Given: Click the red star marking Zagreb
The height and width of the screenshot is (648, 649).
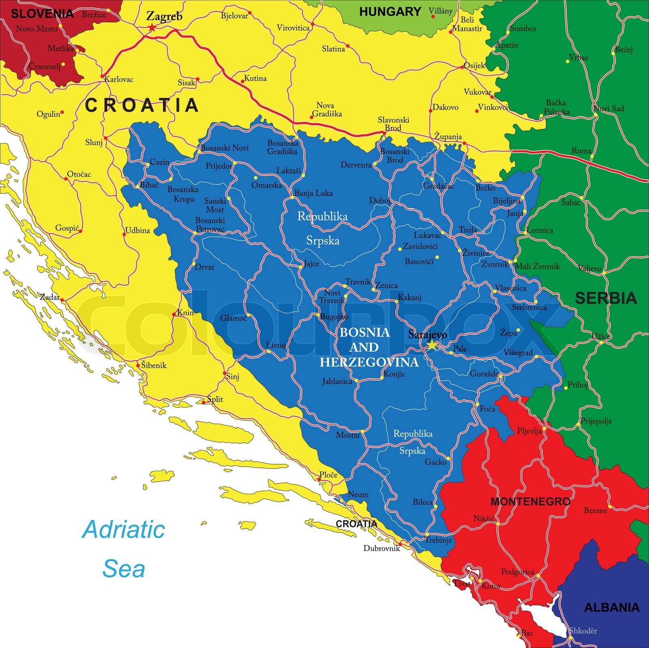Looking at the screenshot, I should [152, 28].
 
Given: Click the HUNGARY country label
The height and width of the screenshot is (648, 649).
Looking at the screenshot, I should [390, 12].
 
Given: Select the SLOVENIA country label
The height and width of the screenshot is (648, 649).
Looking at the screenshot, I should [42, 14].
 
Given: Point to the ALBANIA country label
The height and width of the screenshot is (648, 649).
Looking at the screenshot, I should [611, 607].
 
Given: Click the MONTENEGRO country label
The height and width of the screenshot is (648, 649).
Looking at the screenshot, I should [530, 502].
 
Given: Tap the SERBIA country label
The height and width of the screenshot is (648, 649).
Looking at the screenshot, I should [606, 298].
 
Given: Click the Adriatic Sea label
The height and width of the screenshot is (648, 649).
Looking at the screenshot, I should [124, 549].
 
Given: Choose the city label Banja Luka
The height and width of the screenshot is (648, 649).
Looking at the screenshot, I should [313, 193].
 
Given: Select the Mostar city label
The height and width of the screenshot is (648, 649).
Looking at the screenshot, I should [348, 435].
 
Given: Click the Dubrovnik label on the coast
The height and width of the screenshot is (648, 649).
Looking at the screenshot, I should [381, 548].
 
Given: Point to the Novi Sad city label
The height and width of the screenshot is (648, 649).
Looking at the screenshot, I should [608, 108].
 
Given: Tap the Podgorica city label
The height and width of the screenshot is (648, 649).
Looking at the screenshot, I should [517, 572].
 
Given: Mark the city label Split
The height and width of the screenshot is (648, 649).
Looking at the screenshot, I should [215, 399].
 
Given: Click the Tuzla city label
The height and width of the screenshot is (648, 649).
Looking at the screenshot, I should [468, 230].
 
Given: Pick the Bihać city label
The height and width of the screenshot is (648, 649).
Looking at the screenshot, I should [149, 185].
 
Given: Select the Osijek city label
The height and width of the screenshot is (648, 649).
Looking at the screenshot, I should [474, 65].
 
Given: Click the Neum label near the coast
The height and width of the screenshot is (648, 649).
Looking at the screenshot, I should [358, 494].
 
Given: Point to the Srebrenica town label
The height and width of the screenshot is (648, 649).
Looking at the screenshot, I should [529, 307].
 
